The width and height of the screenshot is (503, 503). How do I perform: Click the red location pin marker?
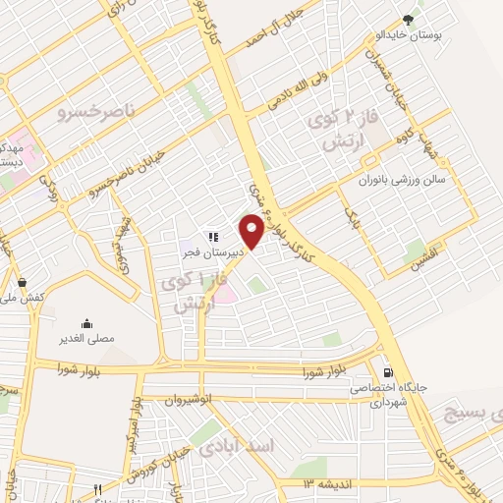coord(252,230)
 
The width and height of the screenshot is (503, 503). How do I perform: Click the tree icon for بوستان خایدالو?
coord(409,19)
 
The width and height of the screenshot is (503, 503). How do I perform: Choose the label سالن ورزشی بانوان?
coord(405,181)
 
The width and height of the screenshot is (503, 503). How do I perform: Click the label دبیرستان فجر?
coord(211,251)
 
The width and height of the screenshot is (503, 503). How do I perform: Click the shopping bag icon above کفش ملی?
coord(23,282)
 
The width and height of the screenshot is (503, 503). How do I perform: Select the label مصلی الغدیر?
coord(87,338)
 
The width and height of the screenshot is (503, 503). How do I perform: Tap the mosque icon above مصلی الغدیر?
coord(87,323)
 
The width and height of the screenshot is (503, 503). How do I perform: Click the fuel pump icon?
coord(390,372)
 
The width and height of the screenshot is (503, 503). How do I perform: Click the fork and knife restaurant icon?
coord(97,489)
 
